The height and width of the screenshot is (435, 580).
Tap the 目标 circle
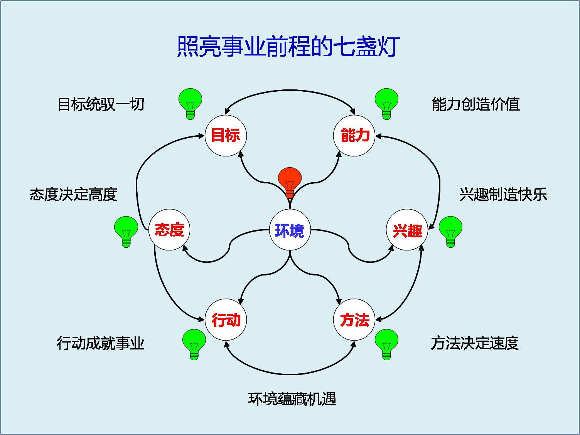(226, 135)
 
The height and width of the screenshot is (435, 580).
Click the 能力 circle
(354, 135)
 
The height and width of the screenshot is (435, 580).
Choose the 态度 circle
(170, 230)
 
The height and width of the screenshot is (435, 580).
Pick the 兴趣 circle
(407, 230)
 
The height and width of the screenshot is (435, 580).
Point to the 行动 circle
(226, 319)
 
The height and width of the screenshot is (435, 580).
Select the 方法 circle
(354, 319)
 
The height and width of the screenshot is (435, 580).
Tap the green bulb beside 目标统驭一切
(190, 103)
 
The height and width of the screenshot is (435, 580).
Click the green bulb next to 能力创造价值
(386, 103)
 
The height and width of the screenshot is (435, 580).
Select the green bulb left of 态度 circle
(126, 230)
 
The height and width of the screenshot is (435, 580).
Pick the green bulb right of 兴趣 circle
(450, 230)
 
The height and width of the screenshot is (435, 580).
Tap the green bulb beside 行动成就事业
(194, 343)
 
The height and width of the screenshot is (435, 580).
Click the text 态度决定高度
(73, 195)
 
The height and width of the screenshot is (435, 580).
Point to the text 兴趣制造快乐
(503, 195)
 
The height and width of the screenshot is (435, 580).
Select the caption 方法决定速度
(475, 343)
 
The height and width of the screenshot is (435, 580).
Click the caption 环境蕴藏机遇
(292, 399)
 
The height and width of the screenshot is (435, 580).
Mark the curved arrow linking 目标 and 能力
(290, 91)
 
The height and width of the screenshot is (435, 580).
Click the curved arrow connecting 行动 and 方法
(290, 374)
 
